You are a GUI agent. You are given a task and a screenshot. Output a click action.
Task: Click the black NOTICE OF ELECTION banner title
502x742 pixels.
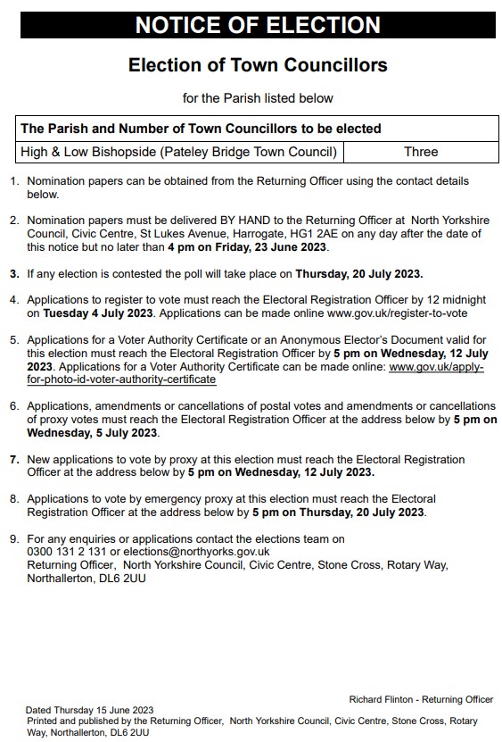(258, 25)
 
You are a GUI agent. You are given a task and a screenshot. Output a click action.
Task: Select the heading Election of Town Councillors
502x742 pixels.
(258, 66)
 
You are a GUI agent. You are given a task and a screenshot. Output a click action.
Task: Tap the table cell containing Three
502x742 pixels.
(420, 152)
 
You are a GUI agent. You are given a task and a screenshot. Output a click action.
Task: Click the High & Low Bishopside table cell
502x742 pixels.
(178, 152)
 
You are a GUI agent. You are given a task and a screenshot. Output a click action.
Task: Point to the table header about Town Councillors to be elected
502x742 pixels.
(201, 129)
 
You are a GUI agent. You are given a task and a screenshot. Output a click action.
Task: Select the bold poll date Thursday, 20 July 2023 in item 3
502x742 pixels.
(359, 272)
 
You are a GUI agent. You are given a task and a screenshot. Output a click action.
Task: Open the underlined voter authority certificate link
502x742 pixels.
(122, 379)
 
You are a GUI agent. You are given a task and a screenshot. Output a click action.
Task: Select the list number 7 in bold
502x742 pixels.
(13, 459)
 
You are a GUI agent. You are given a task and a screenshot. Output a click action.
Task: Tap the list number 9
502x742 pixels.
(13, 538)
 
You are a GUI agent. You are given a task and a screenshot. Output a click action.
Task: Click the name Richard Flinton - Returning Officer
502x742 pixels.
(421, 699)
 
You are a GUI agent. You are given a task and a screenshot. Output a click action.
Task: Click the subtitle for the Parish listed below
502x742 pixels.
(258, 98)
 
